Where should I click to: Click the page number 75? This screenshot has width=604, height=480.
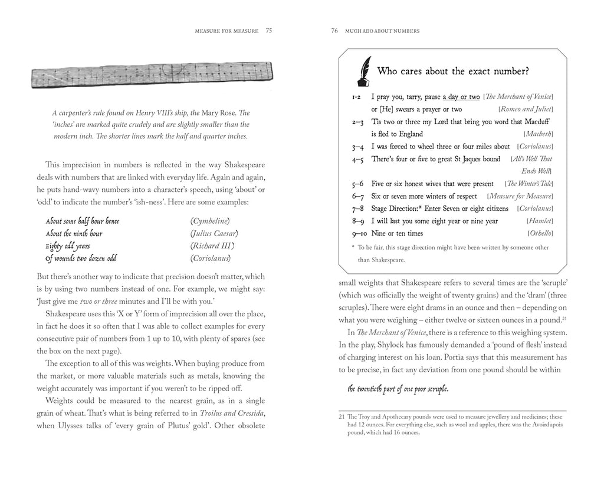coord(268,31)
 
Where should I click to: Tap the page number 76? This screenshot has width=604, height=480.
coord(334,31)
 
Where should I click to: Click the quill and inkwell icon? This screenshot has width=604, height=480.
coord(362,71)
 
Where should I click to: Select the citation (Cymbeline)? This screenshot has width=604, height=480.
coord(209,221)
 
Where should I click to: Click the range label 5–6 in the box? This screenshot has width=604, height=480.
coord(357,184)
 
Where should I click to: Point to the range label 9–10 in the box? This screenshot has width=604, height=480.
coord(357,233)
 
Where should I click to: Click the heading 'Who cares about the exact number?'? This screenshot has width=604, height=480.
coord(452,71)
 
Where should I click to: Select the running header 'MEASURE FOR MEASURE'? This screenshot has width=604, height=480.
coord(226,31)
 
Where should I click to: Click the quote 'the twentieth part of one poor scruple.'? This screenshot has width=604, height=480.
coord(398,389)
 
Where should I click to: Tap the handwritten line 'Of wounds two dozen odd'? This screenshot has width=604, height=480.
coord(81,258)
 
